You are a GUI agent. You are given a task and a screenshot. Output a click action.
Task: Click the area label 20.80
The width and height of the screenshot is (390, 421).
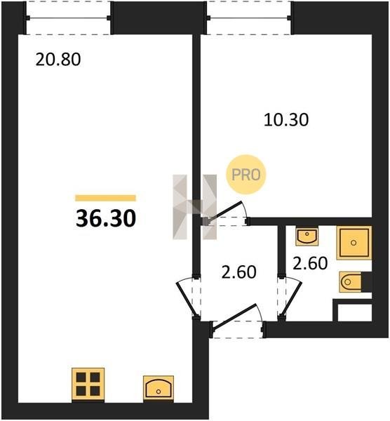coord(58,60)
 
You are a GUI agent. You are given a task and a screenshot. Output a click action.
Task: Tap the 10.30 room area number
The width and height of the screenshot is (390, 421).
coord(286,120)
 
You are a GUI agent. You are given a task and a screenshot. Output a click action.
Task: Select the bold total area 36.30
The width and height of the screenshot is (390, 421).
coord(106,218)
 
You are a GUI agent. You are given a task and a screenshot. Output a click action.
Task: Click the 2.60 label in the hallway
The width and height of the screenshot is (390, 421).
coord(239,272)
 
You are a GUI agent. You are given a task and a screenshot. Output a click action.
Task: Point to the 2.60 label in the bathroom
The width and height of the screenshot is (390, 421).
coord(310,263)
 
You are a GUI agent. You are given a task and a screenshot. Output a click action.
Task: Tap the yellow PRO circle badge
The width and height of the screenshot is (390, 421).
coord(246,175)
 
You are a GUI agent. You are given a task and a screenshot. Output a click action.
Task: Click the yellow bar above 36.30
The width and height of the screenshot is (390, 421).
coord(105,198)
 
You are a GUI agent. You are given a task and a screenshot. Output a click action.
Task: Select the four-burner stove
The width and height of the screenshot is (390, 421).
coord(88,385)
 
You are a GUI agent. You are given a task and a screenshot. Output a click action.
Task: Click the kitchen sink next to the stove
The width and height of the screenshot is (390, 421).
coord(159,389)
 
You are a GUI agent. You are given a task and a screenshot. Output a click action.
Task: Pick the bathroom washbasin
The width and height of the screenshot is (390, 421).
coord(307,236)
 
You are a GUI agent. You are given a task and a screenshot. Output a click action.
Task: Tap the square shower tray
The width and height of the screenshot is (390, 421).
coord(354,243)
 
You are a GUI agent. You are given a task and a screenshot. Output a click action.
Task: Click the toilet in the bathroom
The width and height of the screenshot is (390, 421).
coord(351,282)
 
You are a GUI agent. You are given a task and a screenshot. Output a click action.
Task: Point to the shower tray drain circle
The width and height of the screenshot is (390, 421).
coord(354,243)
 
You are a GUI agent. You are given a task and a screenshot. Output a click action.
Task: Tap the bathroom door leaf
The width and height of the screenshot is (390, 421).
coord(291,298)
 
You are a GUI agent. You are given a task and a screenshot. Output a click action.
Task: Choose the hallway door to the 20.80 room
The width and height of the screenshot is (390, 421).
coord(187,299)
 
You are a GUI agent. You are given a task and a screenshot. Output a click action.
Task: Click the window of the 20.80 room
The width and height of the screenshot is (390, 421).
coord(68,18)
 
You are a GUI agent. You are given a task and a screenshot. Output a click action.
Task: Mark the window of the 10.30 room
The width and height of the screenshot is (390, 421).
coord(249,18)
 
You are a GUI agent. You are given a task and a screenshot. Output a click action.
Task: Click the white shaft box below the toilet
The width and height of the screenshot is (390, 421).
coord(354,312)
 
